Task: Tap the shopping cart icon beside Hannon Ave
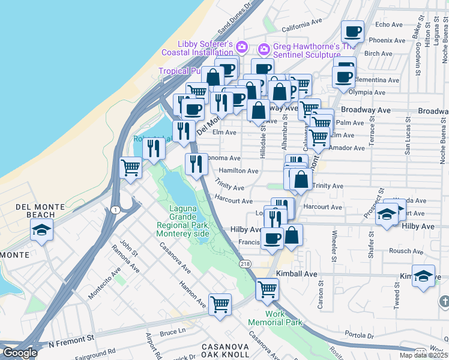coord(220,303)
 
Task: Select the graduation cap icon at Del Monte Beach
coord(41,230)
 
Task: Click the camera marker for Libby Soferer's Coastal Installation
coord(242,46)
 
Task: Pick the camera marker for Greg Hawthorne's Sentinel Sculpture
coord(264,49)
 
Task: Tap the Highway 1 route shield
coord(114,209)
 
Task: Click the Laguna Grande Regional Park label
coord(183,220)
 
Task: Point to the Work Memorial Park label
coord(269,318)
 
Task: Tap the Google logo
coord(19,353)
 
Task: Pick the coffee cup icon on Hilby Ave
coord(271,238)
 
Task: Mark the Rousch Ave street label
coord(406,251)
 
